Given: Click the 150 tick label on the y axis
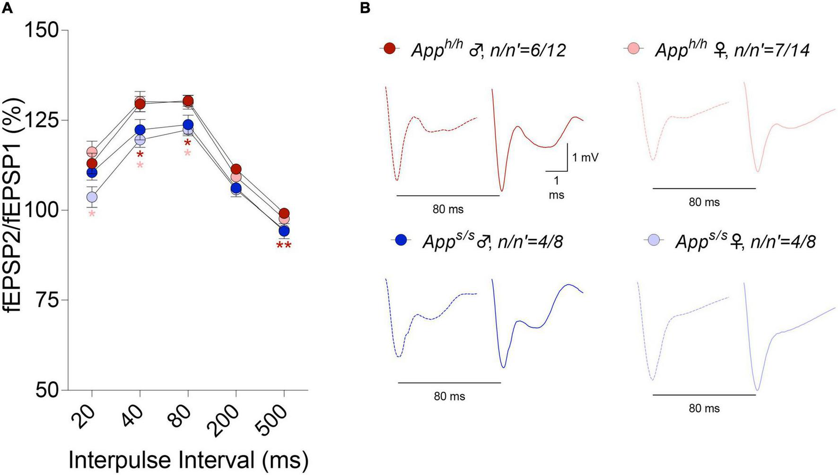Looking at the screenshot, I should (x=42, y=31).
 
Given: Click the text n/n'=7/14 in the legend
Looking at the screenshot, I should (x=772, y=50).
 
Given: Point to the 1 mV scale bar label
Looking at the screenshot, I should (x=585, y=157).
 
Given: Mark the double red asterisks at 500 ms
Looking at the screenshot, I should (x=284, y=246).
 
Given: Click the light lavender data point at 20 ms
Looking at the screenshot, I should (x=92, y=196).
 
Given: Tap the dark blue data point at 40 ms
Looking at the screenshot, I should (x=140, y=130).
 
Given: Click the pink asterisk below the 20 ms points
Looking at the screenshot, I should (x=92, y=214).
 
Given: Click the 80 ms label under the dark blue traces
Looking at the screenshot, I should (x=449, y=396).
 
